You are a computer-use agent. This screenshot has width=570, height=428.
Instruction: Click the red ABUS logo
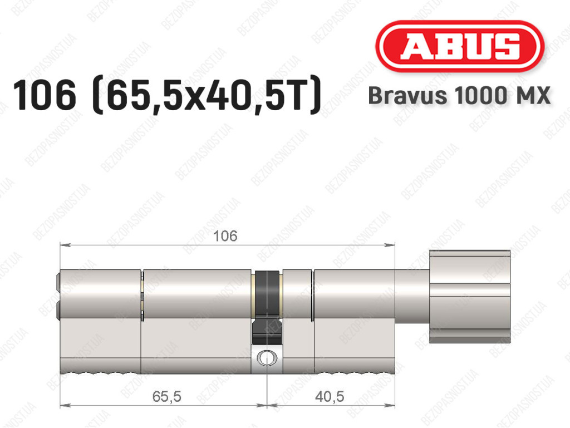(x=459, y=46)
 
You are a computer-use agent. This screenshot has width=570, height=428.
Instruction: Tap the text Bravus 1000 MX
(x=459, y=96)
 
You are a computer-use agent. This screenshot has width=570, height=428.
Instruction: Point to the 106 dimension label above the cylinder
(x=225, y=236)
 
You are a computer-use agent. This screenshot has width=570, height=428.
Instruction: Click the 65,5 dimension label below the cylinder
(x=166, y=396)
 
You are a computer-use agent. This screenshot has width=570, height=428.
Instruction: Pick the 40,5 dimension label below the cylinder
(x=330, y=396)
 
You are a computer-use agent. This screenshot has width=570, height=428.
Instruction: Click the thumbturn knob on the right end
(x=470, y=297)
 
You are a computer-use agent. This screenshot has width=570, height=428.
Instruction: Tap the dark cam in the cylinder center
(x=267, y=307)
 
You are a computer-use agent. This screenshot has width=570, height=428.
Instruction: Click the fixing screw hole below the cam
(x=267, y=358)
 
